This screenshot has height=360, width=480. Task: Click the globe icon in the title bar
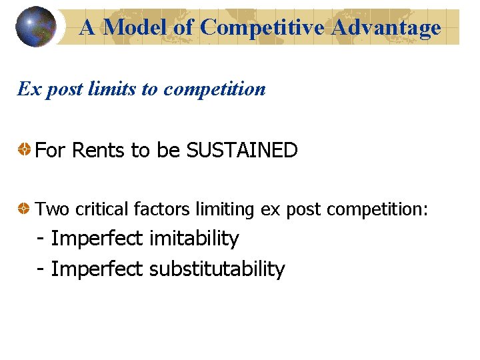coord(35,27)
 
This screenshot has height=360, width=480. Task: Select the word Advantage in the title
coord(387,27)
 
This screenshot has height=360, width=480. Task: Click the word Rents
coord(98,151)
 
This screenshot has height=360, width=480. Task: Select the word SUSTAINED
coord(242,151)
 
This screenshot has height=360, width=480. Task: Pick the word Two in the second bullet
coord(52,209)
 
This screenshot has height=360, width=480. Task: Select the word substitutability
coord(217,269)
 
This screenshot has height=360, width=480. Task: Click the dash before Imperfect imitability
coord(42,239)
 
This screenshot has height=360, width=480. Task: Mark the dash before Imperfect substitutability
coord(42,270)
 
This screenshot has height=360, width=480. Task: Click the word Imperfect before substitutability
coord(97,269)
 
